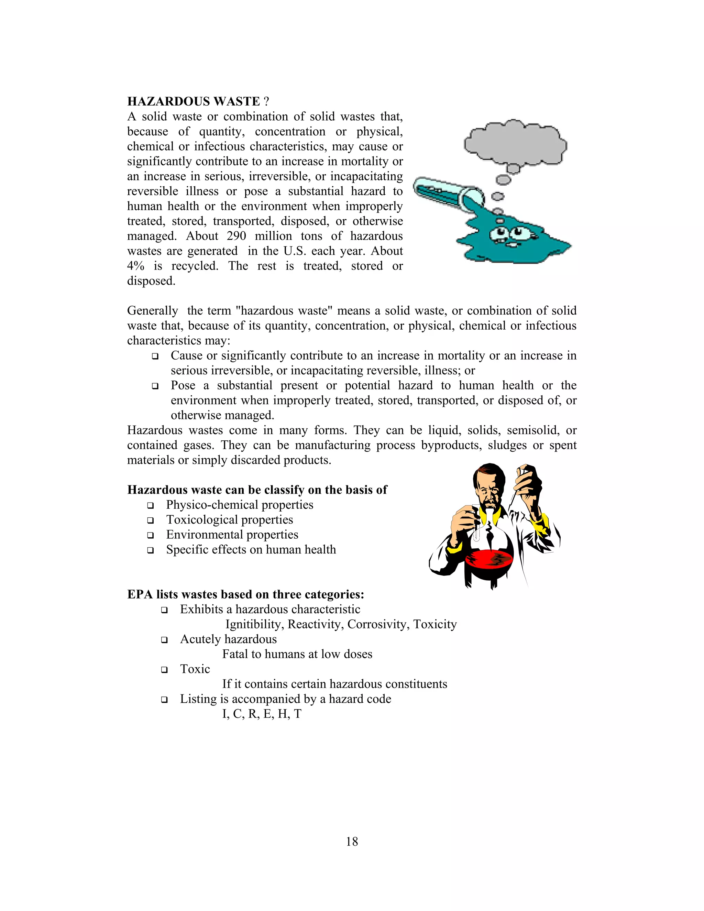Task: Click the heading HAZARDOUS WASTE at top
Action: click(x=194, y=101)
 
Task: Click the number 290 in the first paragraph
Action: click(x=236, y=236)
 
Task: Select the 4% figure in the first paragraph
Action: click(x=135, y=266)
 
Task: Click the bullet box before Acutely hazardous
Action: click(x=164, y=640)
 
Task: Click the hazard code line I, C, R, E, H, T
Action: click(x=262, y=714)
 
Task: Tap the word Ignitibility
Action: click(x=254, y=624)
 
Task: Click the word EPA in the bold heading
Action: click(x=140, y=594)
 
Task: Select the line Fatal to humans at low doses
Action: click(x=297, y=654)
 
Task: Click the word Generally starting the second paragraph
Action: click(x=152, y=311)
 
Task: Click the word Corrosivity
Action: click(x=378, y=624)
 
